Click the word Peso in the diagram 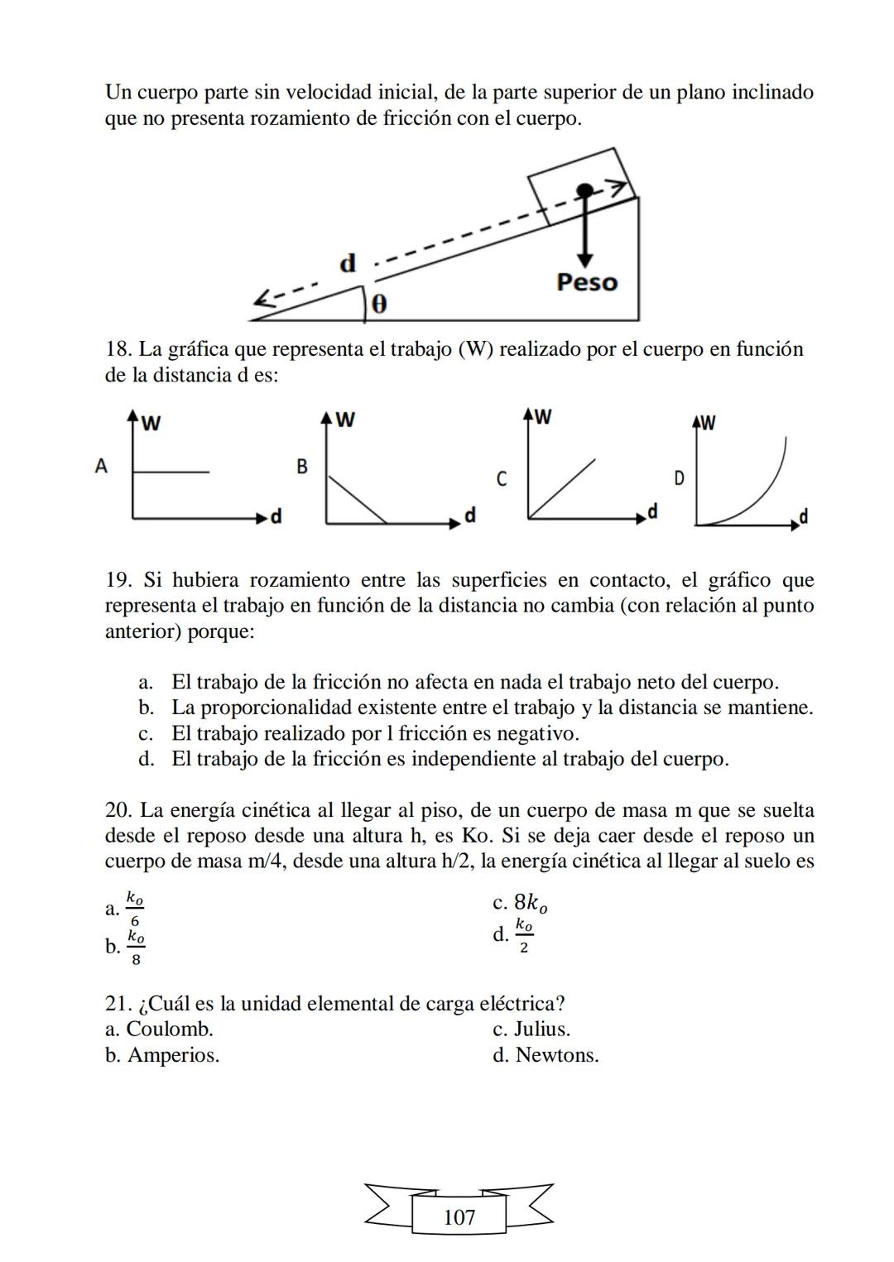pyautogui.click(x=587, y=282)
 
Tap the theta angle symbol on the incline pyautogui.click(x=378, y=305)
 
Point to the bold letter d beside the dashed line pyautogui.click(x=348, y=264)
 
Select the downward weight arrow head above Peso pyautogui.click(x=585, y=257)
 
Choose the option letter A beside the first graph pyautogui.click(x=101, y=466)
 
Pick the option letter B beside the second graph pyautogui.click(x=302, y=467)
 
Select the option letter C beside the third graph pyautogui.click(x=501, y=479)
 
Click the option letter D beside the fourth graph pyautogui.click(x=679, y=478)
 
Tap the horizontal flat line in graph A pyautogui.click(x=171, y=473)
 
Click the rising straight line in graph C pyautogui.click(x=562, y=489)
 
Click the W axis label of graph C pyautogui.click(x=543, y=416)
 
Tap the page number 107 pyautogui.click(x=459, y=1217)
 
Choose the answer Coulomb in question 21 pyautogui.click(x=169, y=1029)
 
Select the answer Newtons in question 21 pyautogui.click(x=556, y=1055)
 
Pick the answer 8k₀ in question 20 pyautogui.click(x=531, y=903)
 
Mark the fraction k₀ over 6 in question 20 pyautogui.click(x=136, y=908)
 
